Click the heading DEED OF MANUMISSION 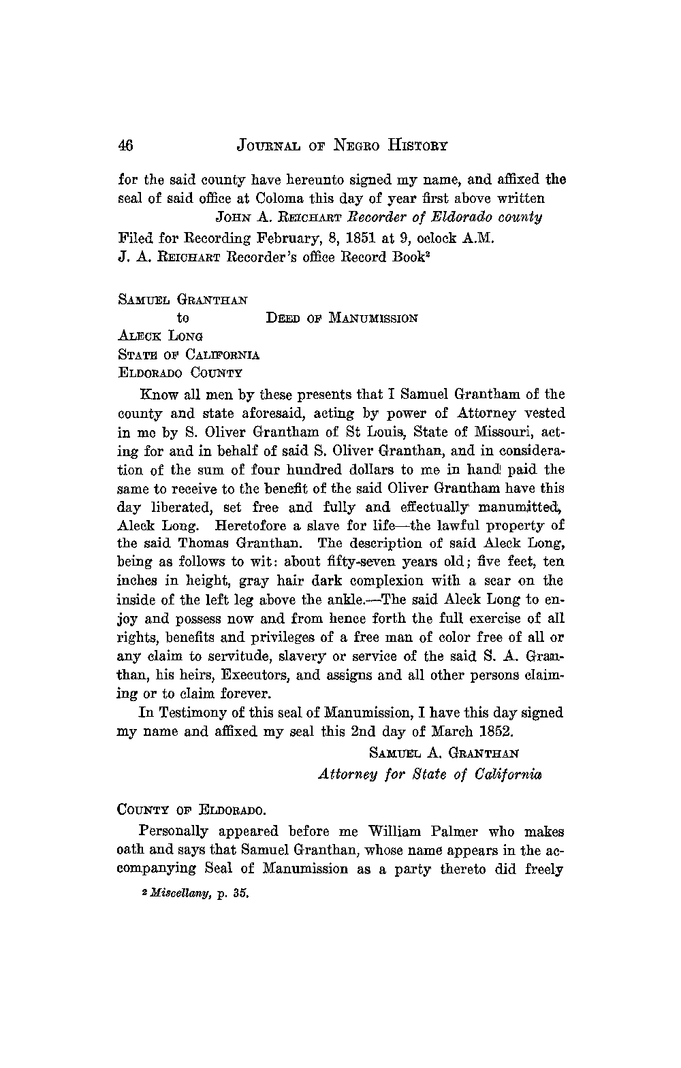(x=341, y=318)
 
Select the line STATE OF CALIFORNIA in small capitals (x=189, y=355)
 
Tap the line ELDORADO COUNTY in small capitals (x=180, y=373)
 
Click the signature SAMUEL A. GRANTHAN (x=444, y=753)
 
